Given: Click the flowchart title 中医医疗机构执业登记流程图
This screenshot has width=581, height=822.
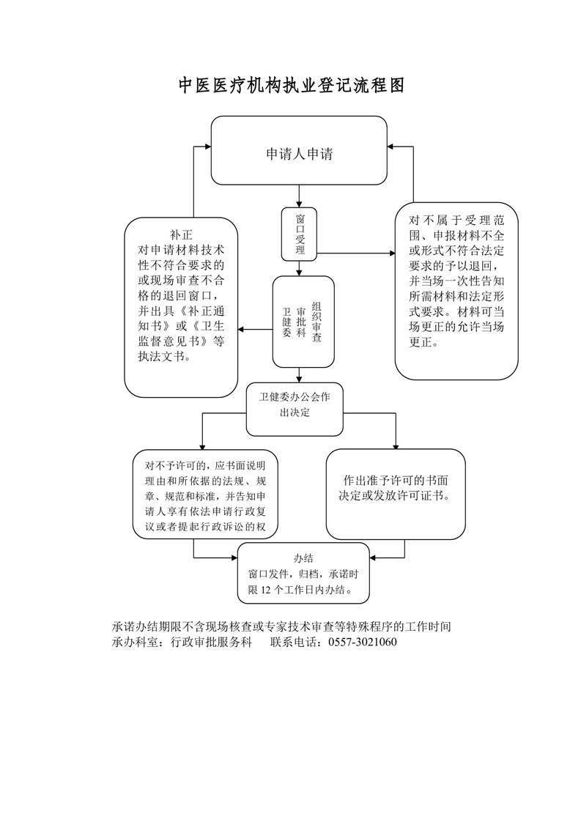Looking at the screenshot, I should point(292,86).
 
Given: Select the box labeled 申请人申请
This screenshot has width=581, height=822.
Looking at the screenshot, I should point(299,151).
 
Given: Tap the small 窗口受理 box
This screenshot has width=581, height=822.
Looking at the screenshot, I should point(299,234).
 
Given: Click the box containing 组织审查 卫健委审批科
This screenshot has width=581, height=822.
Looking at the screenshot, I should point(303,322).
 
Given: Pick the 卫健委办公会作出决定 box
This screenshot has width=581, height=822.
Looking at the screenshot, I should point(295,407).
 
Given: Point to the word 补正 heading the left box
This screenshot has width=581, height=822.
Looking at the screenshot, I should point(181,235).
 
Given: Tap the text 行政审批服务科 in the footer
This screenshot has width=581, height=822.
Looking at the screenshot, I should point(212,643).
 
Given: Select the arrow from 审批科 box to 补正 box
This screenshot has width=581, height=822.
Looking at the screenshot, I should point(256,329).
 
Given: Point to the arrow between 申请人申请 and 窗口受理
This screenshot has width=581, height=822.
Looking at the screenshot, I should point(299,196).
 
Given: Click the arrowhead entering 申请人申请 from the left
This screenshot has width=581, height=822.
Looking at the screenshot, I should point(207,147).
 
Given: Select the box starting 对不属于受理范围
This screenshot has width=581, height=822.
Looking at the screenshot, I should point(456,291).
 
